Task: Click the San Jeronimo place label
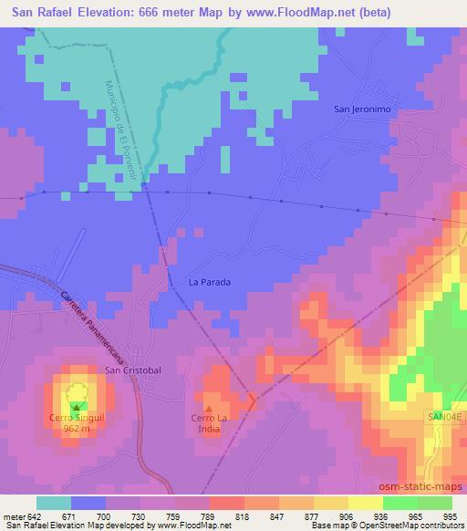pos(362,109)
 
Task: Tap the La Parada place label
pos(210,282)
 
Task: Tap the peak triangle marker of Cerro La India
pos(209,409)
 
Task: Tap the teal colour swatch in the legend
pos(53,503)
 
